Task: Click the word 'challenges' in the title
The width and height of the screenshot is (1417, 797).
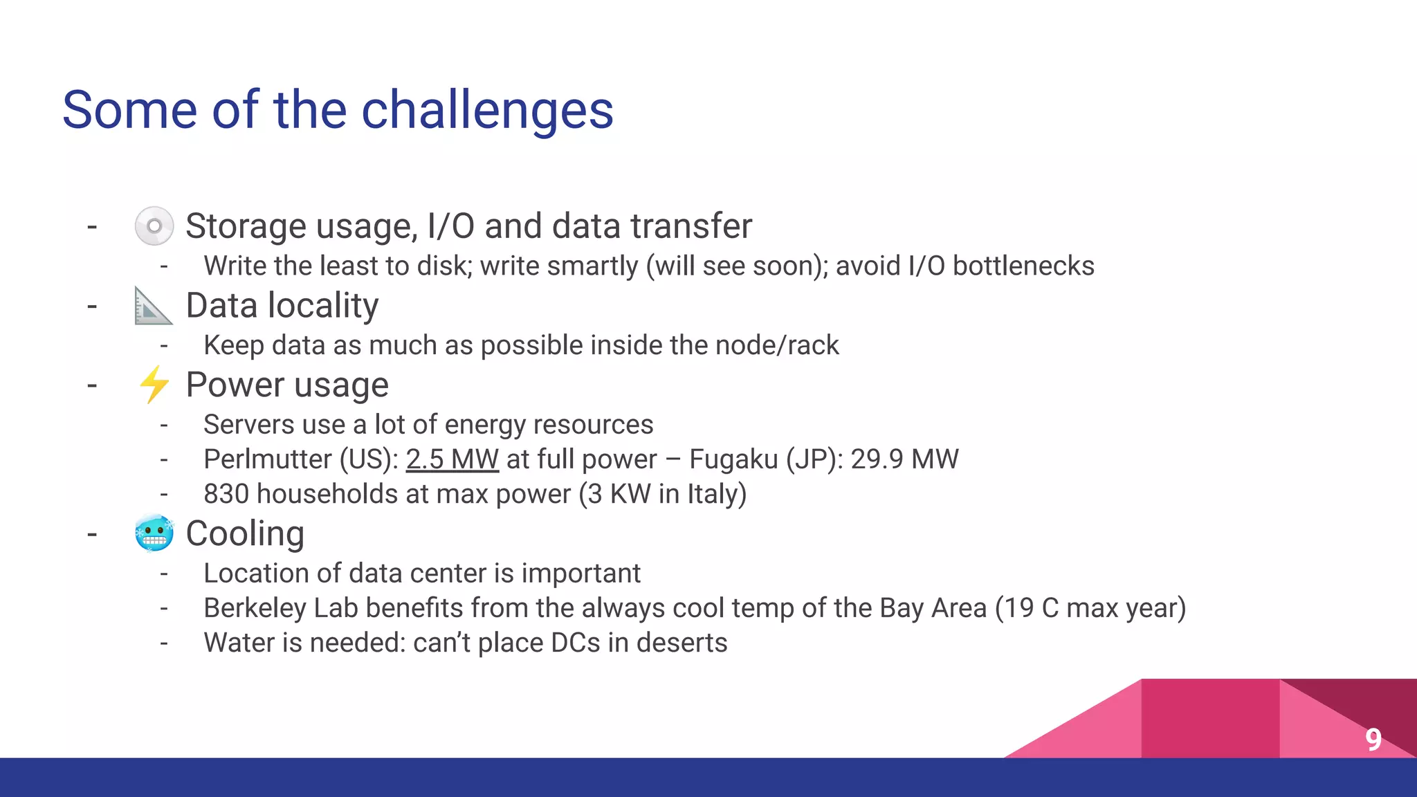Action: coord(487,111)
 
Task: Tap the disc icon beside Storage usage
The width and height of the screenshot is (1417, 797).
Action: coord(154,226)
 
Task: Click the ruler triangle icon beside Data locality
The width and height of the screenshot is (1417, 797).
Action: coord(152,306)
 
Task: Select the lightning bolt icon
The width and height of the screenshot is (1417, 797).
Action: coord(154,385)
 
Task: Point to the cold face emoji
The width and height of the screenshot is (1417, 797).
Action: coord(154,533)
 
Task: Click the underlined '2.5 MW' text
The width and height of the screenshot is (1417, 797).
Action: coord(452,459)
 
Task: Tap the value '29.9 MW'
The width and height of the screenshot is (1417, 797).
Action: coord(904,459)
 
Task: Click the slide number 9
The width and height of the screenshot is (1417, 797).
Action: coord(1373,740)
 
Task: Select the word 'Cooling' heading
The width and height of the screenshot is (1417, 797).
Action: coord(245,533)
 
